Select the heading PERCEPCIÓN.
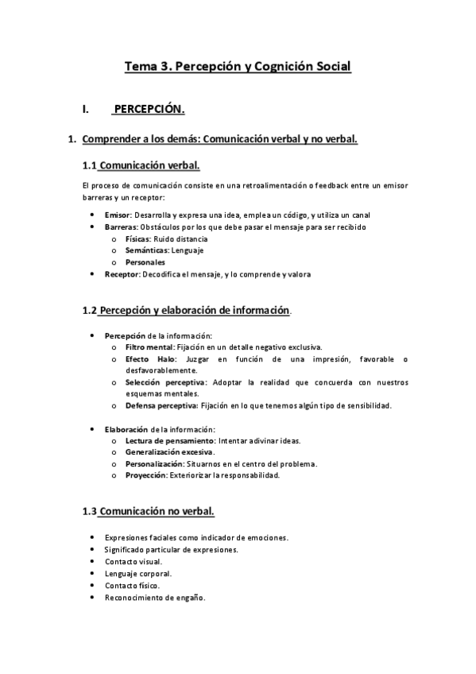pos(149,109)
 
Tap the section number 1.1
pos(90,166)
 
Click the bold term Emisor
pos(118,215)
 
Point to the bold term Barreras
pos(121,227)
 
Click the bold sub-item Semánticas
pos(146,250)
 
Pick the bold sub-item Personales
pos(145,262)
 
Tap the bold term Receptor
pos(122,274)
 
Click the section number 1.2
pos(90,311)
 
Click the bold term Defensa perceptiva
pos(162,406)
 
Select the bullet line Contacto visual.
pos(134,561)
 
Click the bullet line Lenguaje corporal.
pos(137,573)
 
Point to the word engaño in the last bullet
pos(191,598)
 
